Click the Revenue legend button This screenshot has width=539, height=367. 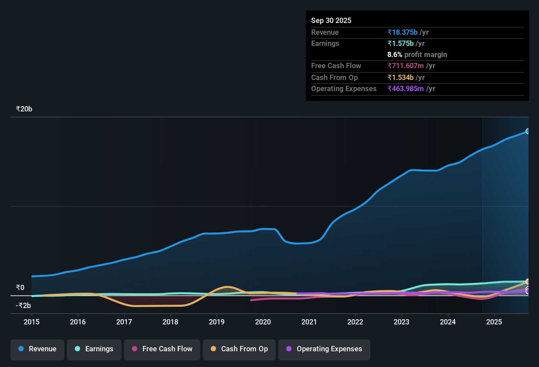click(x=37, y=349)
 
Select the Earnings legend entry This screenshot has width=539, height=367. click(x=94, y=349)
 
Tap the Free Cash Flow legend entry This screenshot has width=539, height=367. click(x=162, y=349)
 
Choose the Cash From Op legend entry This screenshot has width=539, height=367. click(x=239, y=349)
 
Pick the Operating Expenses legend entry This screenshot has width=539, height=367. click(x=324, y=349)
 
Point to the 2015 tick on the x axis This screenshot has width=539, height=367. click(x=32, y=322)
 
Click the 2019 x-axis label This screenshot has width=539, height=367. click(x=217, y=322)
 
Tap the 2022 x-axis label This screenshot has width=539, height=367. click(x=355, y=322)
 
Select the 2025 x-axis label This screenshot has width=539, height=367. click(x=494, y=322)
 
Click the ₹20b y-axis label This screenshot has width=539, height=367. click(x=24, y=109)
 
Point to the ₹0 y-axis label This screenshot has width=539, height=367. click(x=20, y=288)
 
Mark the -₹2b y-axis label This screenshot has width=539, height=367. click(x=23, y=306)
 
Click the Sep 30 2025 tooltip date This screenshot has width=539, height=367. click(x=331, y=20)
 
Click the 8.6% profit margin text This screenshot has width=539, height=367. click(x=417, y=55)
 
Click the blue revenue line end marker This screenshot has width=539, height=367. click(x=528, y=131)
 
